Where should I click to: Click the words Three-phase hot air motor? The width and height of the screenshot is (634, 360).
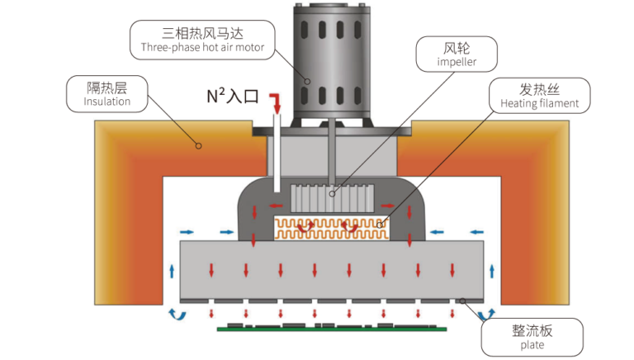[x=202, y=47]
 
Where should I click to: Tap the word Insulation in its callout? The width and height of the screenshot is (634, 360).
[x=107, y=101]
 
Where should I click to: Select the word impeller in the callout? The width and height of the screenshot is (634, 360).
[x=457, y=62]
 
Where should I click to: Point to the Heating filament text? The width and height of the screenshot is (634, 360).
[x=539, y=103]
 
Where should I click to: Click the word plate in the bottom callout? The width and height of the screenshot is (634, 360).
[x=532, y=345]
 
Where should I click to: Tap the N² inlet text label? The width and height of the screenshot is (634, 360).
[x=233, y=96]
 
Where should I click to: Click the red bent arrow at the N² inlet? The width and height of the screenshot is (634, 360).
[x=276, y=103]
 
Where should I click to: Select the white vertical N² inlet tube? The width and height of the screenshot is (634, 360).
[x=277, y=153]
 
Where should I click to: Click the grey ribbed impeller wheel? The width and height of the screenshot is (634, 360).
[x=333, y=198]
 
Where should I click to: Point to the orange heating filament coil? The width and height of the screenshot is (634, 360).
[x=332, y=229]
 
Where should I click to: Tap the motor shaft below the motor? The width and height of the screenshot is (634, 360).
[x=332, y=152]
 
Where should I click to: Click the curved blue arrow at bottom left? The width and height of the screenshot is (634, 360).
[x=177, y=315]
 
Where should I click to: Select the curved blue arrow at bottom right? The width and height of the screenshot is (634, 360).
[x=486, y=315]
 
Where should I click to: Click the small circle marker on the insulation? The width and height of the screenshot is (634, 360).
[x=198, y=146]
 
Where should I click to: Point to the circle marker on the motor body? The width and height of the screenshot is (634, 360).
[x=307, y=81]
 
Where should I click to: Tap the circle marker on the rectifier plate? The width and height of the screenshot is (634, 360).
[x=462, y=301]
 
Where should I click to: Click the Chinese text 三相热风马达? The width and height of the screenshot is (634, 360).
[x=202, y=33]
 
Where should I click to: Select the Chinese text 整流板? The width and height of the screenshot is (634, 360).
[x=532, y=330]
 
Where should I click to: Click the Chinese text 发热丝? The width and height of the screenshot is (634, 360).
[x=539, y=89]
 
